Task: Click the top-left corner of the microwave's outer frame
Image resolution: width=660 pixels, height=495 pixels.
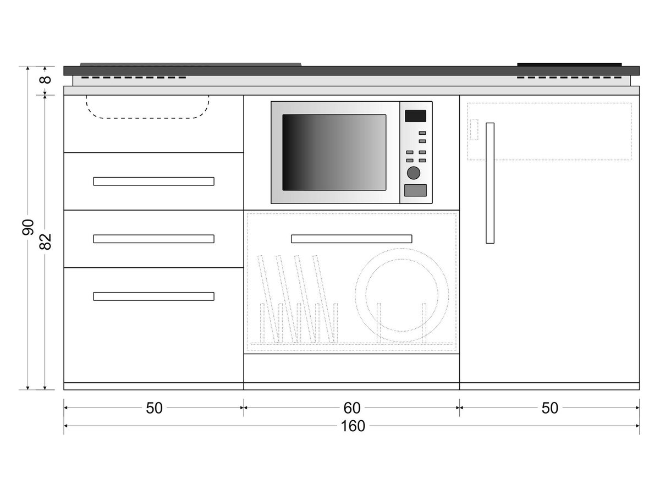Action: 271,102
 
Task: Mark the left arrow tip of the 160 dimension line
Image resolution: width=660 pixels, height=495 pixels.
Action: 64,426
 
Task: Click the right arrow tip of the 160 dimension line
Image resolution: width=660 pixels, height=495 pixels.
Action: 639,426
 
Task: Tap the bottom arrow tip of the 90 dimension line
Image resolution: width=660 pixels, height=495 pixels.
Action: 28,389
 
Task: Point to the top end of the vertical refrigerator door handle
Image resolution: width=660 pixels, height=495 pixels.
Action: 490,123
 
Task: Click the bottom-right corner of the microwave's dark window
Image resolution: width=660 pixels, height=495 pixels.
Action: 386,190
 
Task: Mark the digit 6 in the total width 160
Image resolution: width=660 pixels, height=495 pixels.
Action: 353,426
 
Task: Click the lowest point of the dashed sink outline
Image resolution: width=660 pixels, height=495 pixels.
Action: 147,118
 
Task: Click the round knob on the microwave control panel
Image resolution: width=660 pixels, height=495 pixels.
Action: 414,173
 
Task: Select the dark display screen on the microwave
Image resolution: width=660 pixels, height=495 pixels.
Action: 415,116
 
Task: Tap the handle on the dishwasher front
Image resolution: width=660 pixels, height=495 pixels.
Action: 351,239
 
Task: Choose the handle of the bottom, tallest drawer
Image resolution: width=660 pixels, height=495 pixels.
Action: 153,296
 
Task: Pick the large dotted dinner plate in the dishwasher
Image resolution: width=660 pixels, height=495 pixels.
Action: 402,295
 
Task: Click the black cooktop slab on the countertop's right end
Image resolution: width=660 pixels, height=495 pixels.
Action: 569,64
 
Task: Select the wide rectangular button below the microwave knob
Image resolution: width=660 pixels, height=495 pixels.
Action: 415,190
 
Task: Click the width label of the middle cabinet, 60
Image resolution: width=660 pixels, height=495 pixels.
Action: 352,408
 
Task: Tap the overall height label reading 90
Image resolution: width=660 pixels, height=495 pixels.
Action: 28,227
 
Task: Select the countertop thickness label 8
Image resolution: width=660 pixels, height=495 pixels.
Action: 46,80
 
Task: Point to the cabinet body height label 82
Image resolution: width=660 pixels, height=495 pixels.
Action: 46,241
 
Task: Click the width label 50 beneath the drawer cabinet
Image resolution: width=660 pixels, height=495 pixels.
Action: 154,408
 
